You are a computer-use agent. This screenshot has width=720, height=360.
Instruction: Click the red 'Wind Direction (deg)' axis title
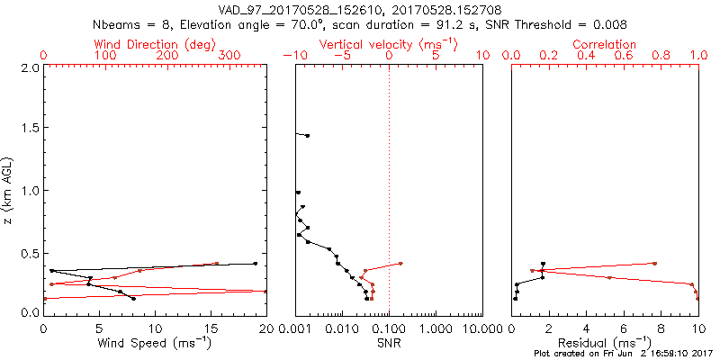pos(156,44)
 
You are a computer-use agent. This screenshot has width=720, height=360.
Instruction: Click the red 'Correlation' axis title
pos(604,44)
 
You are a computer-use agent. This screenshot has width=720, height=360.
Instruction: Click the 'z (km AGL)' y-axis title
pos(11,189)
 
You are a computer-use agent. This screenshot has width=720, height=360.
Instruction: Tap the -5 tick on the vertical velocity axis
pos(341,56)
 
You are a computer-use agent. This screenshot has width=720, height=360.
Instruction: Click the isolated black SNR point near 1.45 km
pos(308,136)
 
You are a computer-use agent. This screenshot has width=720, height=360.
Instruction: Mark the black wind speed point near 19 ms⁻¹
pos(256,264)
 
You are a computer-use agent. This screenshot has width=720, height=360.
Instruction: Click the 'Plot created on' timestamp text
pos(621,354)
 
